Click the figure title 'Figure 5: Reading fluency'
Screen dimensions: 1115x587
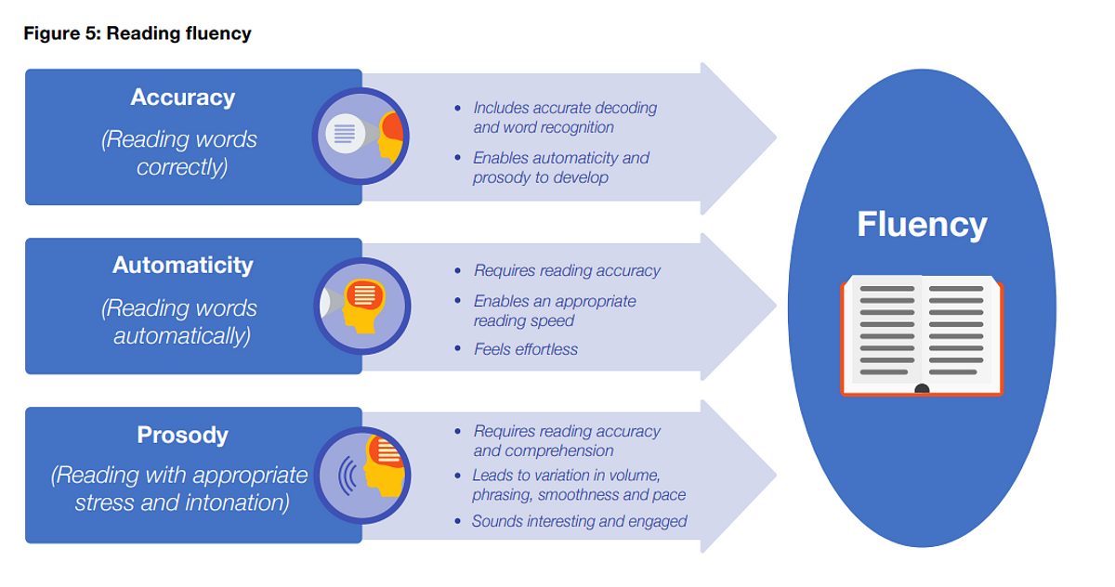tap(138, 33)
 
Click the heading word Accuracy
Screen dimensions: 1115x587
tap(183, 98)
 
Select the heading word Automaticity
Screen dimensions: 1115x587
tap(183, 265)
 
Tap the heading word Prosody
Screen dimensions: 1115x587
tap(183, 435)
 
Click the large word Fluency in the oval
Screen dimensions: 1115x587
tap(922, 225)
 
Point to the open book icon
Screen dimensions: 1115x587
tap(922, 335)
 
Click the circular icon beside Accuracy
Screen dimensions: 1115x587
tap(361, 136)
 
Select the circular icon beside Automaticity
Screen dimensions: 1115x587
tap(361, 306)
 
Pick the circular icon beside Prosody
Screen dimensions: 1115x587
tap(361, 475)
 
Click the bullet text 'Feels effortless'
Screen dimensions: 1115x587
tap(526, 349)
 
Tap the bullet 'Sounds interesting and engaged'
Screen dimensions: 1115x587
tap(580, 521)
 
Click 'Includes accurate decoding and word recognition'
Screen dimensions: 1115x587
tap(565, 117)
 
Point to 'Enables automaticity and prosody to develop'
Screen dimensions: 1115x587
tap(561, 167)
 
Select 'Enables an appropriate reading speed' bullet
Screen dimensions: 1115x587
tap(555, 311)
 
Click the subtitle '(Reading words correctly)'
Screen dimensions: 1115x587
tap(179, 152)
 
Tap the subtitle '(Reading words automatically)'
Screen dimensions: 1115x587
tap(179, 322)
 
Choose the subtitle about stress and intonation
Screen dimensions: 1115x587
tap(179, 489)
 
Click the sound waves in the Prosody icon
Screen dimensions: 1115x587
tap(348, 476)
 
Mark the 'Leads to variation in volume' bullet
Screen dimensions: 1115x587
tap(579, 485)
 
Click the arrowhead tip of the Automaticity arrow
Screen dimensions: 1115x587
tap(776, 307)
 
